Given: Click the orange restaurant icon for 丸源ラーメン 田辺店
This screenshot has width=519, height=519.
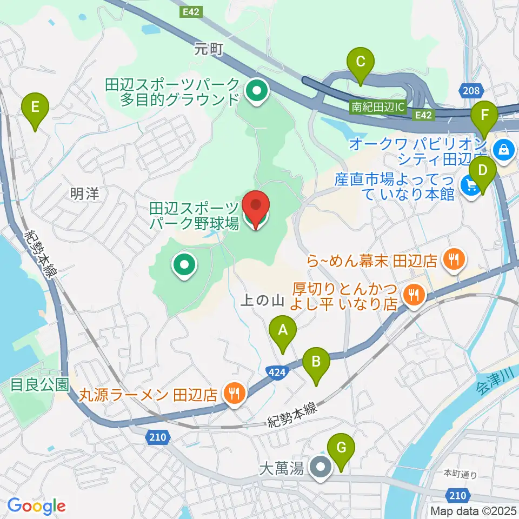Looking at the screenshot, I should pyautogui.click(x=234, y=393).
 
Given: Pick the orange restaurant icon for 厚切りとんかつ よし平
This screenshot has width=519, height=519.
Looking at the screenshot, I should pyautogui.click(x=415, y=295).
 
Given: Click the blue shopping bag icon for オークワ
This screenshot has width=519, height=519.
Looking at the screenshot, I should pyautogui.click(x=504, y=147).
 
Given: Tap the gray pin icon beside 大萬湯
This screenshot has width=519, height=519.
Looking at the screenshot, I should pyautogui.click(x=321, y=468).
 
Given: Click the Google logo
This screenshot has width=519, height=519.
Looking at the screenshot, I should pyautogui.click(x=36, y=506).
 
